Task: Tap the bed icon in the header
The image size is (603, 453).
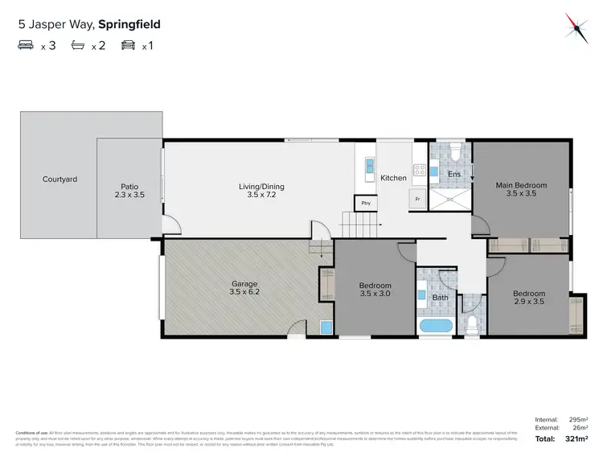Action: [27, 46]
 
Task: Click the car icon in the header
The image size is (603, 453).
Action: [128, 46]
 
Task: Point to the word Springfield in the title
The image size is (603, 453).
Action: [130, 24]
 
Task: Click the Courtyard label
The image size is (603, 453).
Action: [59, 179]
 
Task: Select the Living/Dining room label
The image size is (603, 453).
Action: [261, 191]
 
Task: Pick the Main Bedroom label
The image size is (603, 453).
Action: [520, 189]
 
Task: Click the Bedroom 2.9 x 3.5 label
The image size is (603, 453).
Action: [528, 298]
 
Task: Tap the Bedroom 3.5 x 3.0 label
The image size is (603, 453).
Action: [375, 290]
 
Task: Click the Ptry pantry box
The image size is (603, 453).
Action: [366, 203]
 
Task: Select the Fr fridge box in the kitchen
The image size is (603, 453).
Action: [417, 199]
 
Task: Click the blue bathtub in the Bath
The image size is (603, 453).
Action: [437, 327]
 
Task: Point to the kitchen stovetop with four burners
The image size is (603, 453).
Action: [419, 170]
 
